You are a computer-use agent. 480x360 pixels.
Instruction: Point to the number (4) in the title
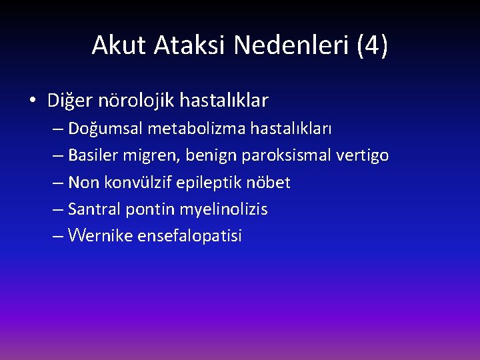372,45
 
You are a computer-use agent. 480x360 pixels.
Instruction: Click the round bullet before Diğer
33,101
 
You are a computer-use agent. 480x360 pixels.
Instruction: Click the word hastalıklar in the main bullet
225,101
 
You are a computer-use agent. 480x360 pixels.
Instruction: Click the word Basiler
93,155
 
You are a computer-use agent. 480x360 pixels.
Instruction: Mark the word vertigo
362,156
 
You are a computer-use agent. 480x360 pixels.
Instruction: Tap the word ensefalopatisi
190,236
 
